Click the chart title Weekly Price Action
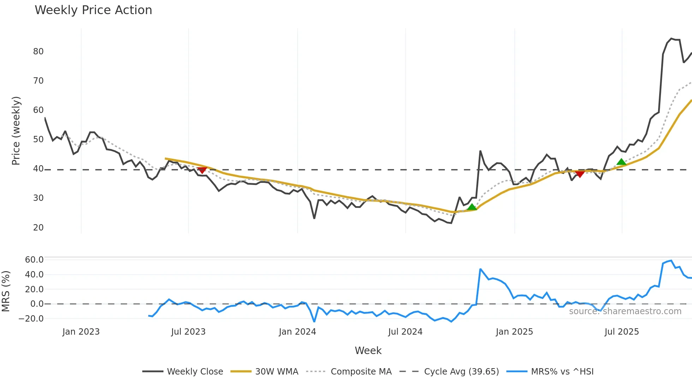point(93,10)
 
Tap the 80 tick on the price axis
point(38,52)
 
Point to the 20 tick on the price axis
point(38,228)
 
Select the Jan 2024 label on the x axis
point(297,332)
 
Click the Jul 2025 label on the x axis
point(621,332)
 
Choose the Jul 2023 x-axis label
point(188,332)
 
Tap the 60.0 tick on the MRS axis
point(34,260)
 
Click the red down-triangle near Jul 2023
point(202,170)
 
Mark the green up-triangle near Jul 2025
point(621,162)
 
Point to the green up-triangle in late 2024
point(472,207)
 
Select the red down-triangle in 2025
point(580,174)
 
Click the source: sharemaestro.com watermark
point(625,311)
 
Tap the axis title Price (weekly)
point(16,131)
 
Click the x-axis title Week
point(368,351)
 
